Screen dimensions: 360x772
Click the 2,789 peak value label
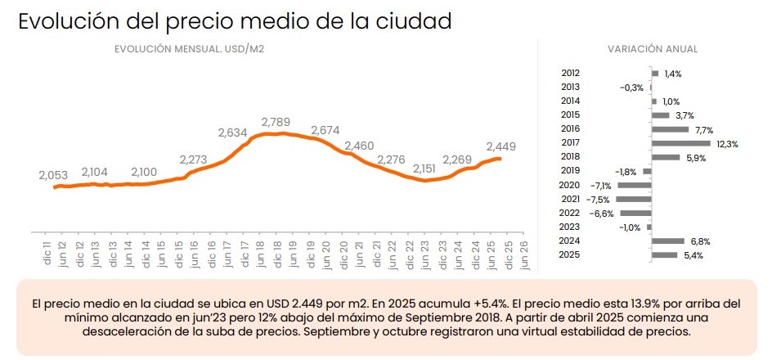tap(276, 122)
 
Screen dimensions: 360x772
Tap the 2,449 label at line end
tap(501, 146)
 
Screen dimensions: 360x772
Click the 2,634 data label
tap(233, 133)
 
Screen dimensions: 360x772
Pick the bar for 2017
tap(681, 143)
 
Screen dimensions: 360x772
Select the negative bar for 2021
tap(635, 199)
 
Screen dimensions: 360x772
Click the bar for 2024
tap(668, 241)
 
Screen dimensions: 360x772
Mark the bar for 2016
tap(671, 129)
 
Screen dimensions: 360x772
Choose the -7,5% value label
tap(601, 199)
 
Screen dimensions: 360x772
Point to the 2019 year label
tap(571, 171)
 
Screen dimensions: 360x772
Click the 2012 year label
tap(571, 73)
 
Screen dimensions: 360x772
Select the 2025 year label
tap(571, 255)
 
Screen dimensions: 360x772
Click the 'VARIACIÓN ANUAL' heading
tap(653, 49)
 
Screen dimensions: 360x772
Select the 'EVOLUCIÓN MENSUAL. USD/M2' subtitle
tap(189, 49)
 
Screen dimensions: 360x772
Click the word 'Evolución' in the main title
tap(72, 21)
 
